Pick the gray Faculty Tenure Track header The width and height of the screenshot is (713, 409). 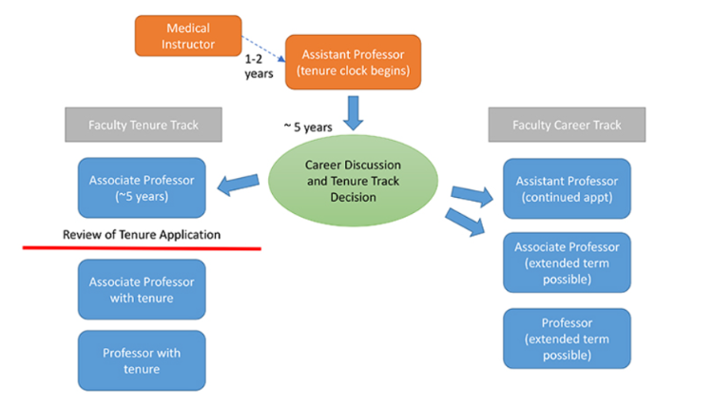pos(142,125)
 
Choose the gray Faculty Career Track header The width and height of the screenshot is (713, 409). pos(567,125)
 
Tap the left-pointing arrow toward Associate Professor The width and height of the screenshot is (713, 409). pos(240,182)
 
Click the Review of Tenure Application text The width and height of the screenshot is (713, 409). pos(142,234)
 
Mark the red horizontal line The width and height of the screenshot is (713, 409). pos(142,249)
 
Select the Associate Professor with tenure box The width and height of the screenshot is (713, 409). pos(142,289)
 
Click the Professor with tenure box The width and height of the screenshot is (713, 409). pos(142,360)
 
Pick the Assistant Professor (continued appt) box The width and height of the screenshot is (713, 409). pos(567,188)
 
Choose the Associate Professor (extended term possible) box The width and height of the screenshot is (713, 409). pos(567,263)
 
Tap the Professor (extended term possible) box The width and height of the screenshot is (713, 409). pos(567,339)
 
